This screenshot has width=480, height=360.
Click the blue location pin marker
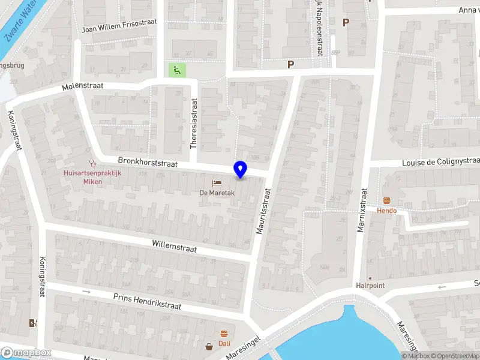(x=241, y=170)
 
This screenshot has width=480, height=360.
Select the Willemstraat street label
(x=175, y=245)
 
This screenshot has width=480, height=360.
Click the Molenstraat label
(x=83, y=86)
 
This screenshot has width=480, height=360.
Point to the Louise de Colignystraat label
(x=440, y=162)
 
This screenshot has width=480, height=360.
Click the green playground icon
(x=176, y=70)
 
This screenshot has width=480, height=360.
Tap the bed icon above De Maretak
(x=216, y=182)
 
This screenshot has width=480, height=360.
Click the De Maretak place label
(x=216, y=193)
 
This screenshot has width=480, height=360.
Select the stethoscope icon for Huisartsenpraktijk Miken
(x=92, y=162)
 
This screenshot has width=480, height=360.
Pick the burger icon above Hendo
(x=386, y=201)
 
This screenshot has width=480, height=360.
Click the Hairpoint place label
(x=370, y=286)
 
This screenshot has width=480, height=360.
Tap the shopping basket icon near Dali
(x=209, y=346)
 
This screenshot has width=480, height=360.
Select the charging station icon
(x=32, y=323)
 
